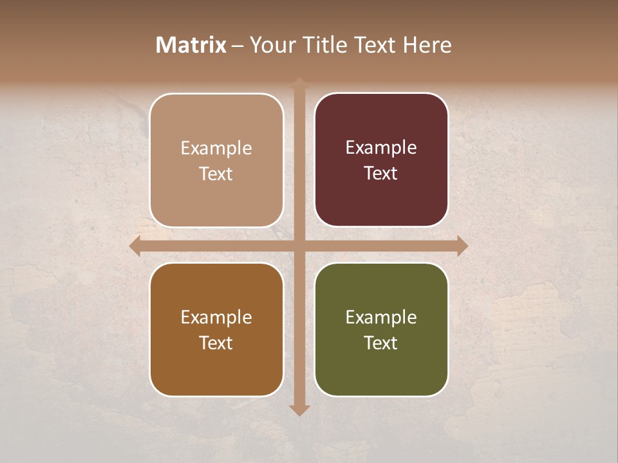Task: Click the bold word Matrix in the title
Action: click(x=191, y=45)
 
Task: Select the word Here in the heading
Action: click(x=426, y=45)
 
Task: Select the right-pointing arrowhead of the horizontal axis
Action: click(x=462, y=246)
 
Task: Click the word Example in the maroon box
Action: click(x=381, y=148)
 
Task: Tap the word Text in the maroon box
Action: click(x=381, y=174)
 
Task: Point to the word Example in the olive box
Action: click(x=381, y=317)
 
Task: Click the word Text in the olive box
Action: click(x=381, y=343)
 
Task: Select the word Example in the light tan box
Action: click(x=216, y=149)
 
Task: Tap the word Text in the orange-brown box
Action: click(x=216, y=343)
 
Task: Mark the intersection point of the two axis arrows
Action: click(x=299, y=246)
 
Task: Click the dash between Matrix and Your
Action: click(x=238, y=46)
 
